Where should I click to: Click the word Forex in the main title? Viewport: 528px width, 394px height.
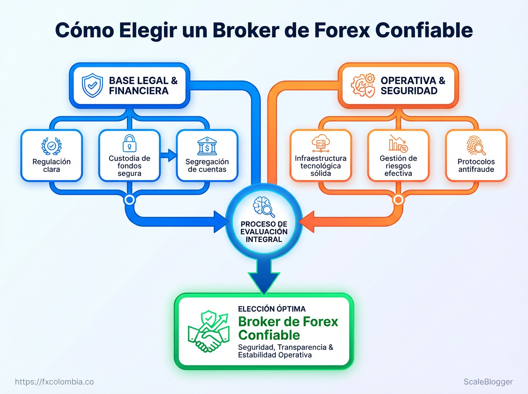(x=342, y=30)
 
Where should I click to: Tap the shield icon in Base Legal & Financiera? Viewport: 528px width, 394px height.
(x=92, y=85)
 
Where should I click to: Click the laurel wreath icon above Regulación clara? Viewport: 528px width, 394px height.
(x=51, y=146)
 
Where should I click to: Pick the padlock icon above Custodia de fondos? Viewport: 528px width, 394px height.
(x=129, y=143)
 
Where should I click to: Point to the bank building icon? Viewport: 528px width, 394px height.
(x=207, y=146)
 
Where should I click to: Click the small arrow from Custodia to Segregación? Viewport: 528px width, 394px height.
(x=169, y=155)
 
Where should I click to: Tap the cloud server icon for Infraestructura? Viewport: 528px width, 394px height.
(x=321, y=143)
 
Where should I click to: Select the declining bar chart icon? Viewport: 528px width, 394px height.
(x=398, y=143)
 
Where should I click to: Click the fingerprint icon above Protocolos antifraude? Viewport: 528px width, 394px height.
(x=476, y=146)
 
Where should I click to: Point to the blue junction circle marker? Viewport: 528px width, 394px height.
(x=130, y=200)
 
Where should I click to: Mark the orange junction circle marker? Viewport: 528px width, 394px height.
(x=398, y=200)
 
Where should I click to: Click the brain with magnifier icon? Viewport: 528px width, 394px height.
(x=264, y=207)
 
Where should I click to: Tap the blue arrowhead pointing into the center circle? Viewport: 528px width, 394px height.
(x=221, y=222)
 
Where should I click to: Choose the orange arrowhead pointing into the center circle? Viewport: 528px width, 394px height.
(x=306, y=222)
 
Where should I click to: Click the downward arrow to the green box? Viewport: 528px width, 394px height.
(x=264, y=277)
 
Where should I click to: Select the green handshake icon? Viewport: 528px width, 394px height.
(x=209, y=331)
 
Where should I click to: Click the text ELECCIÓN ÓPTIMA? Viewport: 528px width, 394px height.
(x=272, y=309)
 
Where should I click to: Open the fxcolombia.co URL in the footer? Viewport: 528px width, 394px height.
(x=55, y=382)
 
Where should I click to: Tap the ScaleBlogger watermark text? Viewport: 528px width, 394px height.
(x=488, y=382)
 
